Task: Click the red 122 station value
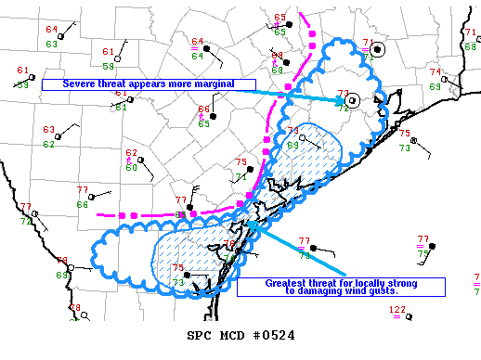point(397,309)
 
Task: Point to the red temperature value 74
point(435,72)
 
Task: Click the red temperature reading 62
point(131,153)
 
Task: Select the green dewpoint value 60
point(131,166)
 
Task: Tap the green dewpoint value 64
point(197,56)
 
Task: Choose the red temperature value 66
point(203,110)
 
